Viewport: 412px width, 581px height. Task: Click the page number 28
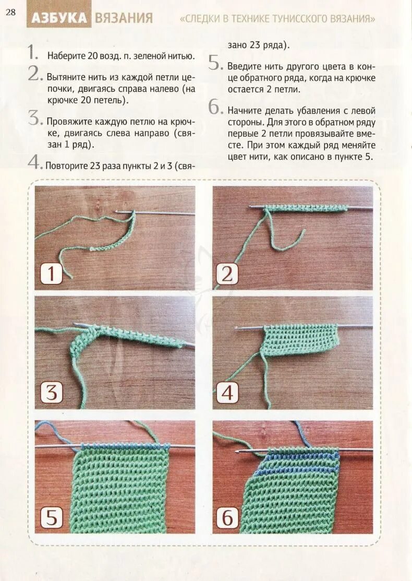pos(10,12)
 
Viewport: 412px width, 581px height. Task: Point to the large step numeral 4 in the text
pos(34,161)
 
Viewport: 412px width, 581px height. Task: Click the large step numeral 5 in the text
pos(215,63)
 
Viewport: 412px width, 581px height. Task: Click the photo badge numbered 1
pos(51,274)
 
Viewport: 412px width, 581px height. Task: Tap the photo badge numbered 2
pos(226,274)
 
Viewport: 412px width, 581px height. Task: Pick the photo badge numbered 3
pos(51,393)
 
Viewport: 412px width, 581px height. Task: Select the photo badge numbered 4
pos(227,393)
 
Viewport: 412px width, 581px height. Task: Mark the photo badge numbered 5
pos(51,517)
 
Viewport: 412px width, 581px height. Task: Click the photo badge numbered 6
pos(227,517)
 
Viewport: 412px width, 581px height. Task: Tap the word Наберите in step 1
pos(66,56)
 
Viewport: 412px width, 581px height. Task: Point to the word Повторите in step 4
pos(66,165)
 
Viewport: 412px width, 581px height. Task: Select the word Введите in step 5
pos(244,67)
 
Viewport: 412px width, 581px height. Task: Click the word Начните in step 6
pos(244,111)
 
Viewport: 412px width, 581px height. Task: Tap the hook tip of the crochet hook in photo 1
pos(116,212)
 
